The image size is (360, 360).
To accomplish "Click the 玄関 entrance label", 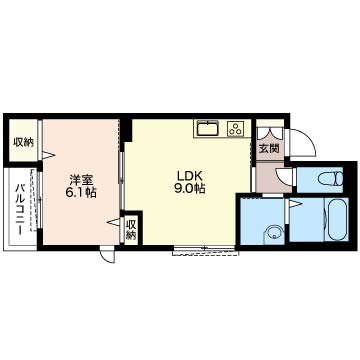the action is pos(270,148).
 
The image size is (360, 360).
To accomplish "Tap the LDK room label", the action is pos(188,175).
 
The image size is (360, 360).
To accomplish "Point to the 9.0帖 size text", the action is pos(189,189).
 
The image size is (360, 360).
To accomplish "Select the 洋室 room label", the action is pos(81,180).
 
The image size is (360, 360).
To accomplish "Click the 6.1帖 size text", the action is pos(81,193).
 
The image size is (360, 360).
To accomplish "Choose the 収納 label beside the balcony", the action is pos(23,142).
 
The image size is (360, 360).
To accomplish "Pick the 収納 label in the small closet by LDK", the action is pos(131,229).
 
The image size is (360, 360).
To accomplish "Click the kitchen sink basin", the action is pos(208,128).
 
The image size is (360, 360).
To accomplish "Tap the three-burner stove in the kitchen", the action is pos(236,129).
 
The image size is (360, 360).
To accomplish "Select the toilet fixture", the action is pos(330,177).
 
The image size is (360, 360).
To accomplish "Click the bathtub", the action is pos(338,219).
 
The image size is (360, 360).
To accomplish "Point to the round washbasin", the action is pos(274,232).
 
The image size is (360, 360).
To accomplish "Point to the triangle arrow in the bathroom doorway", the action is pos(294,204).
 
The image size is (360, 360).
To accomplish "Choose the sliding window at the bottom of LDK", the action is pos(205,251).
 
